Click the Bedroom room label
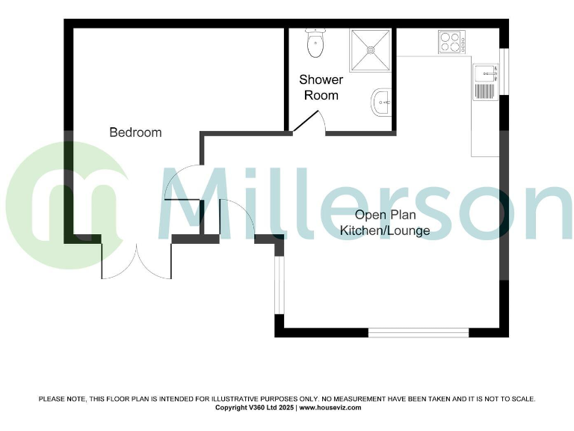pos(135,132)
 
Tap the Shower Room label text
pos(321,88)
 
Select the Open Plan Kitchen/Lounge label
pos(385,223)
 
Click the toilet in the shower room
pos(315,43)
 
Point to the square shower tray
pos(371,49)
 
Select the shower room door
pos(308,123)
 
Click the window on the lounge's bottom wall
pos(418,332)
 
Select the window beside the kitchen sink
pos(504,72)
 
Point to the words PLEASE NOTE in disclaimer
pos(61,400)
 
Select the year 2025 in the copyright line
pos(285,408)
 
